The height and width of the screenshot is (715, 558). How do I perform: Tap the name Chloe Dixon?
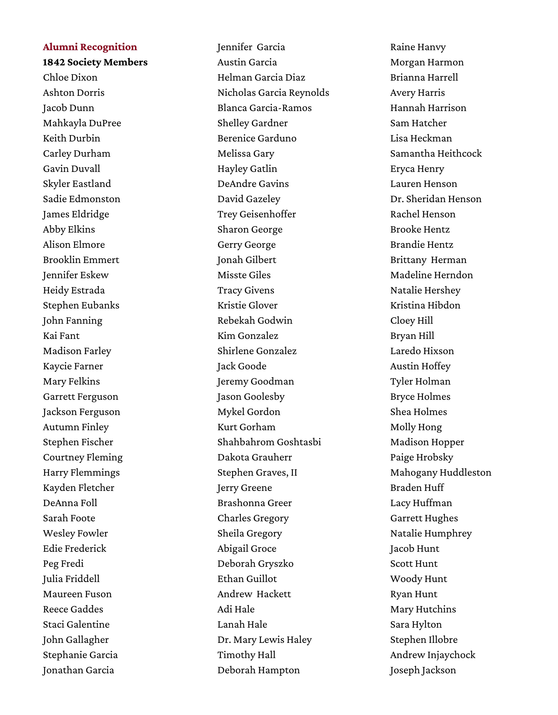click(x=70, y=78)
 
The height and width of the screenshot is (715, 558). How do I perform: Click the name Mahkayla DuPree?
click(x=82, y=123)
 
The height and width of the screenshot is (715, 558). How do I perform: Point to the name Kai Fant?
click(x=61, y=336)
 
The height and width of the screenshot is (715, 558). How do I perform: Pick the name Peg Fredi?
click(x=63, y=564)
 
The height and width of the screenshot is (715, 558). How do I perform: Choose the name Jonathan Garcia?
click(x=78, y=670)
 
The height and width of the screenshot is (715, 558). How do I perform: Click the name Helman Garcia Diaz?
click(x=261, y=78)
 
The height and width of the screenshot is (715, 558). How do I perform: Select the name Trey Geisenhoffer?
click(x=257, y=214)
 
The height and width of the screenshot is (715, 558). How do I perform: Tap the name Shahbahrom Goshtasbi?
click(x=269, y=442)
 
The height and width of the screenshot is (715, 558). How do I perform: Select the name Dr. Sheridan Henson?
click(x=436, y=199)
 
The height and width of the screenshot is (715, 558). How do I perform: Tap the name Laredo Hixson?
click(x=422, y=351)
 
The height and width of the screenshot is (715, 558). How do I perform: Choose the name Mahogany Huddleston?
click(x=441, y=473)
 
